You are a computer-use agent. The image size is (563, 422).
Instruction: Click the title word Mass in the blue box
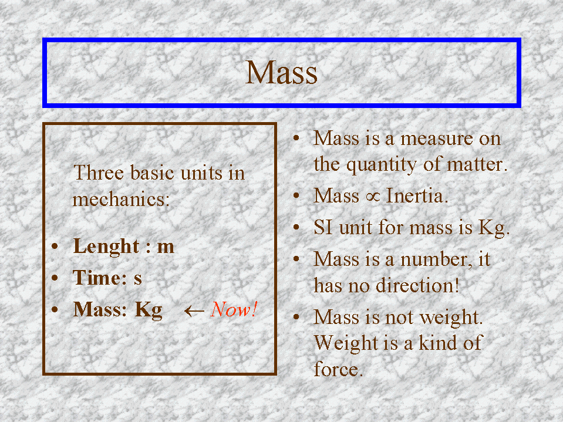point(282,73)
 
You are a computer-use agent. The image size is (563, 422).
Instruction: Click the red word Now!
point(234,309)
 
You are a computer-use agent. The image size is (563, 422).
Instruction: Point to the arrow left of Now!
point(194,310)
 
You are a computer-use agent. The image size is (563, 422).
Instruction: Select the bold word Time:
point(100,278)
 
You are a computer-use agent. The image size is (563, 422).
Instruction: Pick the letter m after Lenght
point(166,247)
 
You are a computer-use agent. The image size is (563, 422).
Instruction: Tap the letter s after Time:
point(138,279)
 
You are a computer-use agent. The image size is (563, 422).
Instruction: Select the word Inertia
point(417,196)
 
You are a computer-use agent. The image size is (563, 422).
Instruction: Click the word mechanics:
point(121,199)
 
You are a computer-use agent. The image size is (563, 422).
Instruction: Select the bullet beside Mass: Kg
point(55,309)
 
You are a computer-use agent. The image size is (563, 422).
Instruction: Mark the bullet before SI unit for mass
point(296,227)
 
